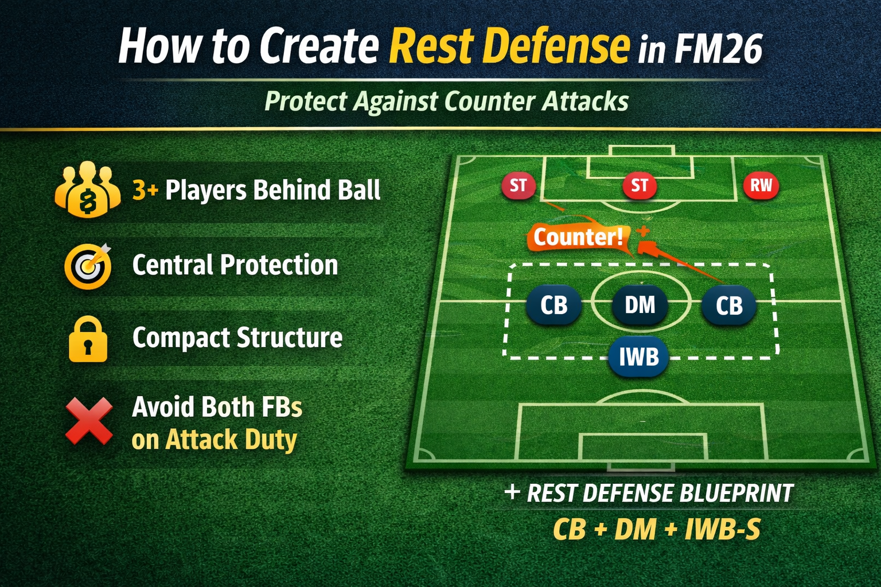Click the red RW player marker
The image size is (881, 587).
pos(761,185)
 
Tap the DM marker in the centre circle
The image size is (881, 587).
pos(640,305)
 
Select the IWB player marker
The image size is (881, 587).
pos(638,357)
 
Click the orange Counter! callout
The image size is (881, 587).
pos(578,237)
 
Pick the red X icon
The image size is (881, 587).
pos(89,421)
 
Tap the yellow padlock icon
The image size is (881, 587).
pos(88,339)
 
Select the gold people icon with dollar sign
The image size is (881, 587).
pos(87,190)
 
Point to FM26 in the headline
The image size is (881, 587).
pos(718,49)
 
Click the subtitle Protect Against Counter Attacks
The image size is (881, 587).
pos(446,101)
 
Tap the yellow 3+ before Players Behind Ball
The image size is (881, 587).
pos(145,190)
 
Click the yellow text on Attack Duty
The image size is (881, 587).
pos(214,440)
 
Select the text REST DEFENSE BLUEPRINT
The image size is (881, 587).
pos(660,493)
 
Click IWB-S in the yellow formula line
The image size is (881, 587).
pos(722,529)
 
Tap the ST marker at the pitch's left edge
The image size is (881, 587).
pos(518,185)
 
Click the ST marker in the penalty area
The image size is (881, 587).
pos(639,185)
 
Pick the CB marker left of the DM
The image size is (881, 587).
pos(553,305)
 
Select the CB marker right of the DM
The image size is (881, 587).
pos(728,305)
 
